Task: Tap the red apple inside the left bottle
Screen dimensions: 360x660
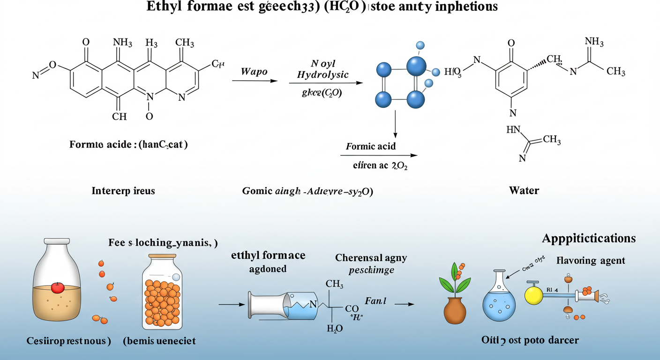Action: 57,287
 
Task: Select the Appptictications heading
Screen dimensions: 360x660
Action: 589,238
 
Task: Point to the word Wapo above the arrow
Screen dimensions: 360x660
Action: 254,72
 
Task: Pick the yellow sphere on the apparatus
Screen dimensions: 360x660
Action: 533,296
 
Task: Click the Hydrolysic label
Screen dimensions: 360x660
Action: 323,75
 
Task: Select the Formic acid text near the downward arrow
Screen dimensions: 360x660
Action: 371,146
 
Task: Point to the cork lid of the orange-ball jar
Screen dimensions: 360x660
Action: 162,256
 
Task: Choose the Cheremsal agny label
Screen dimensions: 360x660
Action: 371,258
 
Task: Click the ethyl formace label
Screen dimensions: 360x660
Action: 268,255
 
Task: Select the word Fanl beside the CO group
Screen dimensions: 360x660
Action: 375,301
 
